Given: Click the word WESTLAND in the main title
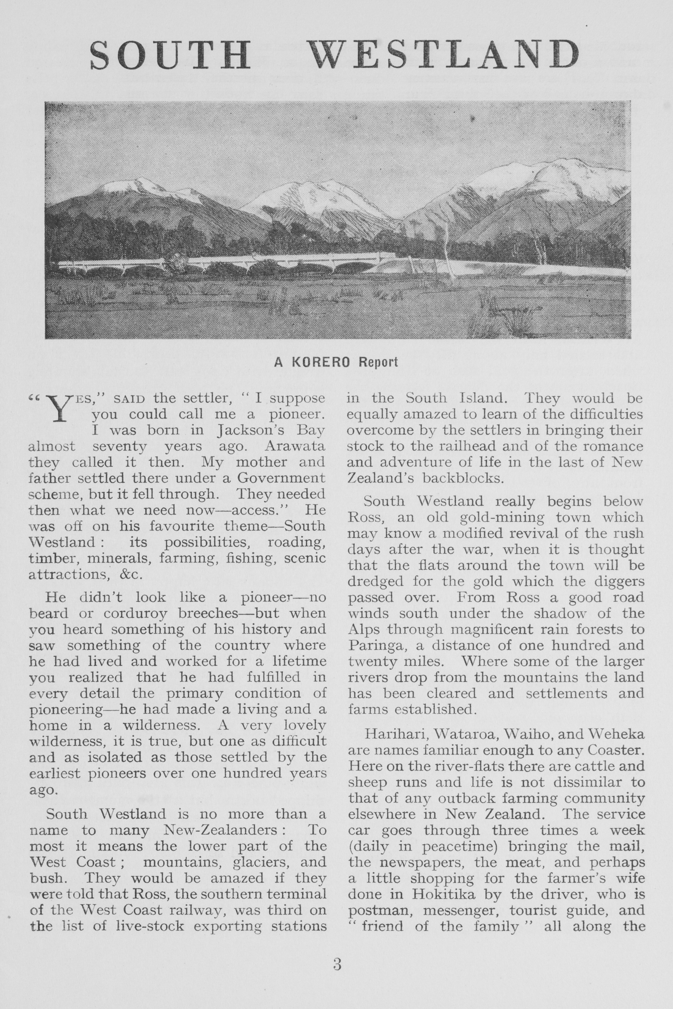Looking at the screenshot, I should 445,55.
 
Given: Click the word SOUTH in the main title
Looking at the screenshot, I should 170,55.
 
